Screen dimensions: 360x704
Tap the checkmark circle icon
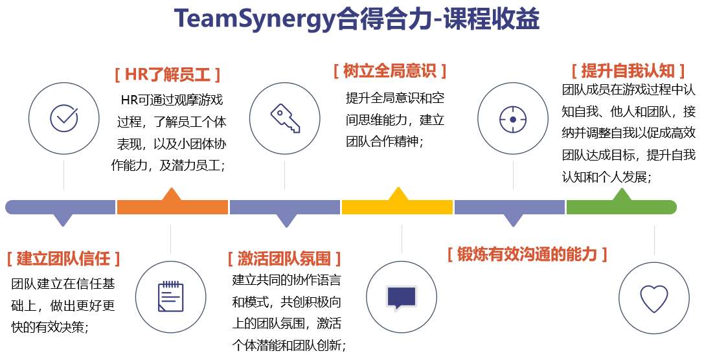click(x=63, y=118)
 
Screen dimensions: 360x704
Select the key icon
click(x=285, y=118)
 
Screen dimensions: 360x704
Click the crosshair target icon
click(x=513, y=119)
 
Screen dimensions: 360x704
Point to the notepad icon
click(x=171, y=296)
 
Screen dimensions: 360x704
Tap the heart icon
click(x=654, y=298)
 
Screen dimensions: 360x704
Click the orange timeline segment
click(x=172, y=207)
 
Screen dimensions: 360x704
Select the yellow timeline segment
click(x=397, y=207)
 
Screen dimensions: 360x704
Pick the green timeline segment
click(x=620, y=207)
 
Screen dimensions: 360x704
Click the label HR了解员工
click(x=168, y=75)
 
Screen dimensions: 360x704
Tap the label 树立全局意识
click(x=390, y=71)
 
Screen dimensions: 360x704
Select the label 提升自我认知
click(x=628, y=71)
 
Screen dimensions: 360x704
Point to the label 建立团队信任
click(x=63, y=259)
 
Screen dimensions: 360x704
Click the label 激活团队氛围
click(x=284, y=259)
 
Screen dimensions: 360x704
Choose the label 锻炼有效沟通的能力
click(x=527, y=254)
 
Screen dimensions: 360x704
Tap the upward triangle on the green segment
click(x=622, y=195)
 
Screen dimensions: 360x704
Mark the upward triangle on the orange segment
click(x=171, y=194)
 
